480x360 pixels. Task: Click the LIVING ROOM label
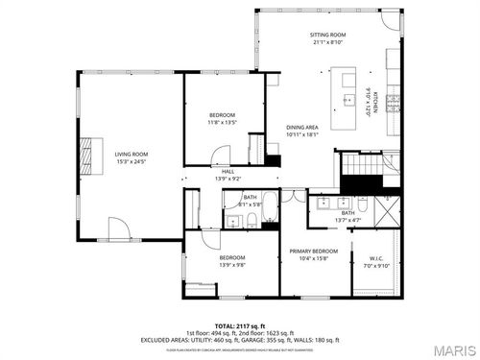(132, 154)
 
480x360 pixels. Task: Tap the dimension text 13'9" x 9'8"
(231, 265)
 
